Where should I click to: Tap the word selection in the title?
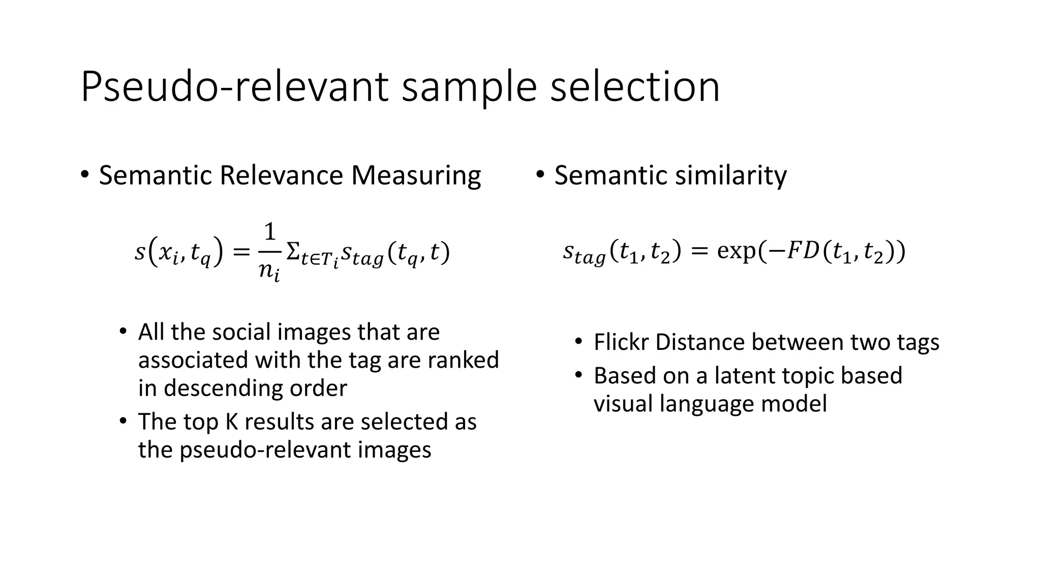[635, 87]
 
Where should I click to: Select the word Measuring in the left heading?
[416, 176]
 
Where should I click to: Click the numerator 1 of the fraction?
[270, 232]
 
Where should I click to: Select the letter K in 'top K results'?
[232, 422]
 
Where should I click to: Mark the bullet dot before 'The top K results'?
[123, 421]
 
